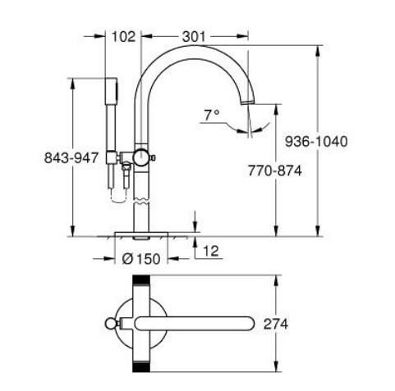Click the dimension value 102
tap(123, 37)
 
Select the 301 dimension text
tap(194, 37)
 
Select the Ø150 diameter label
tap(141, 258)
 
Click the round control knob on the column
tap(142, 157)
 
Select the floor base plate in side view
tap(142, 234)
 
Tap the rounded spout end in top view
tap(249, 322)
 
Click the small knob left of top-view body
tap(111, 322)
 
